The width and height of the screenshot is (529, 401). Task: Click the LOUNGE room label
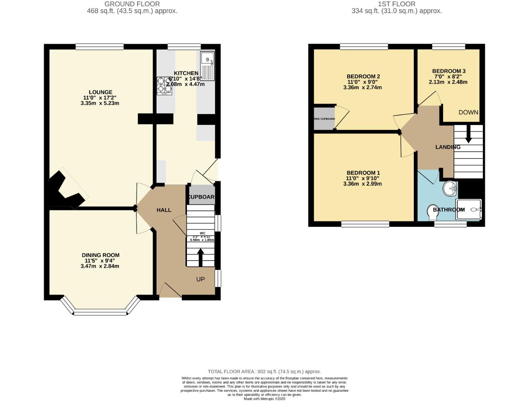(100, 92)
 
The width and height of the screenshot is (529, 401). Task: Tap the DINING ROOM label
(100, 255)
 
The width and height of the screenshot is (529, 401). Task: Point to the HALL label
(164, 210)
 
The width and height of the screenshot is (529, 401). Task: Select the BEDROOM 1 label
(363, 173)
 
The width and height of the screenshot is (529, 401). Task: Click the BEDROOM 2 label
(363, 76)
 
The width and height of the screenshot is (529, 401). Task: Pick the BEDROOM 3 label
(449, 71)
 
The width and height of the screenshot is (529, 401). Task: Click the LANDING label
(448, 147)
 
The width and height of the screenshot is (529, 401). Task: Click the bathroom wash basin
(450, 188)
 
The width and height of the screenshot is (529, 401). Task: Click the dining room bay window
(100, 312)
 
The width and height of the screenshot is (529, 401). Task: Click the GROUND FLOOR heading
(132, 4)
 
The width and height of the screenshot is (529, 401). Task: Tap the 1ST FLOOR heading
(396, 4)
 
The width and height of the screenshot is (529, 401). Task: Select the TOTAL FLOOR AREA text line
(264, 371)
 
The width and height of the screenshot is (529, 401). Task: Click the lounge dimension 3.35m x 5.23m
(100, 103)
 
